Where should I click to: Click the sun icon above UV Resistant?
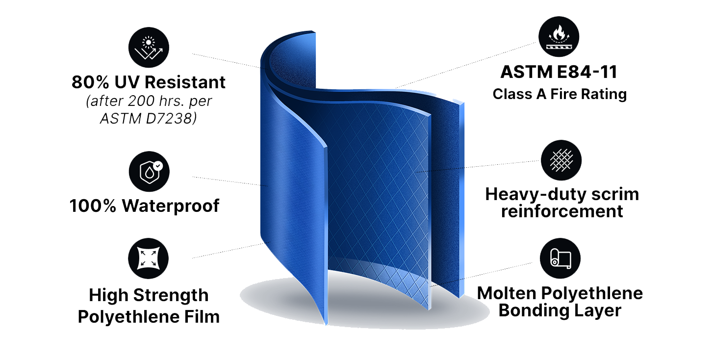click(x=149, y=47)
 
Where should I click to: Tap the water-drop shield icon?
click(x=149, y=172)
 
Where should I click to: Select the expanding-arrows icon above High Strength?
click(x=148, y=258)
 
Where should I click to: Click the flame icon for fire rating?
click(x=559, y=37)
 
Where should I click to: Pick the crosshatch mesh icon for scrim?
click(x=561, y=160)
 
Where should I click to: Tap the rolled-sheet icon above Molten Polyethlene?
click(x=561, y=258)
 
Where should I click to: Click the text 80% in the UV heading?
click(x=90, y=82)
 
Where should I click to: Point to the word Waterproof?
click(x=171, y=206)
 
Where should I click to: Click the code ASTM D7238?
click(x=148, y=119)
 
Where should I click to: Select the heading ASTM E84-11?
click(x=559, y=72)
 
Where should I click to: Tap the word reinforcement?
click(x=562, y=211)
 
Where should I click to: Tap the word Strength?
click(x=171, y=295)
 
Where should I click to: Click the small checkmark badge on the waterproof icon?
click(x=158, y=166)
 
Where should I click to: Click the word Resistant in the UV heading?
click(x=185, y=82)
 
